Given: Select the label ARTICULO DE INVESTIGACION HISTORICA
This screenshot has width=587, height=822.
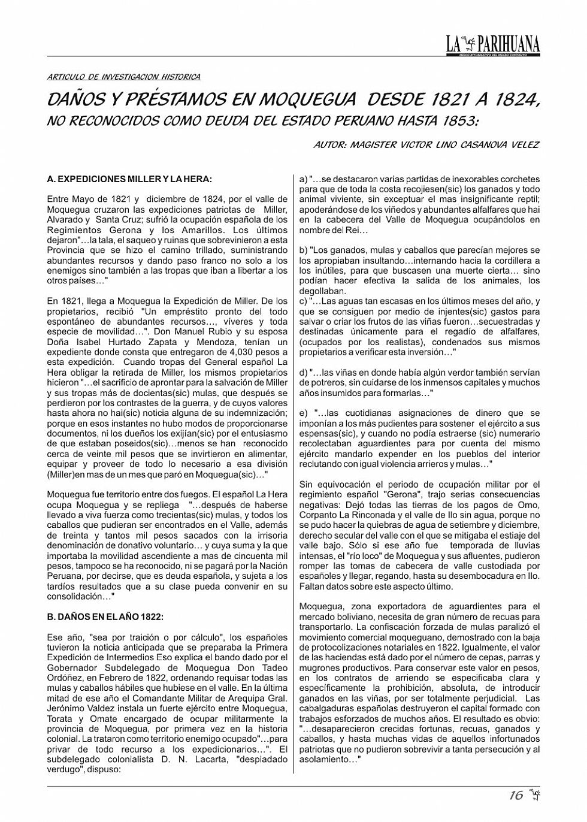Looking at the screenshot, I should (123, 77).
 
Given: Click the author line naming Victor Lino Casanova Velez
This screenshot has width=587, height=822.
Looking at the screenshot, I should (426, 145).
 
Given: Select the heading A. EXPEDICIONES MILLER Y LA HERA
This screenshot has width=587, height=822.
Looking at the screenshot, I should (129, 179).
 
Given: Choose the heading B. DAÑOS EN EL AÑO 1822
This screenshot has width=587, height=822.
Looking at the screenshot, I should (105, 617).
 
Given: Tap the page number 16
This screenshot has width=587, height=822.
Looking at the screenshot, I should (516, 795).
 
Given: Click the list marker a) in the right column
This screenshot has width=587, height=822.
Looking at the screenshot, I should (303, 179).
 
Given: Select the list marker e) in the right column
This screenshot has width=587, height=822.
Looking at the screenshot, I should (303, 413).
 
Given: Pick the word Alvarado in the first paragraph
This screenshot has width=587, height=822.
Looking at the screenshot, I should (65, 220).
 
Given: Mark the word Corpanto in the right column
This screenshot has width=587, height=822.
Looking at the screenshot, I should (318, 515).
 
